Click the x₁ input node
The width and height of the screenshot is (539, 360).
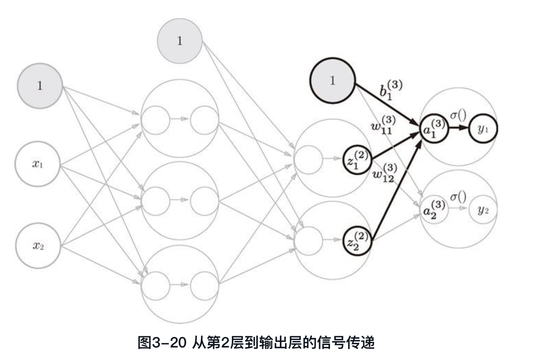pyautogui.click(x=38, y=164)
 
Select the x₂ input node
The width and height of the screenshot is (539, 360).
pyautogui.click(x=38, y=246)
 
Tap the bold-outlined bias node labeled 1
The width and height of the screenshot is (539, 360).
pyautogui.click(x=332, y=81)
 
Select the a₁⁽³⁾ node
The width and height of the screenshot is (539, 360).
pyautogui.click(x=434, y=128)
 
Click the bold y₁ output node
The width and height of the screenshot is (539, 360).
pyautogui.click(x=482, y=129)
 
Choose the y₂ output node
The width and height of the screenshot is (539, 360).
pyautogui.click(x=483, y=209)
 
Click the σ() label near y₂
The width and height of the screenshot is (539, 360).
pyautogui.click(x=458, y=198)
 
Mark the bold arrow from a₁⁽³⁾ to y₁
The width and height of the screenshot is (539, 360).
pyautogui.click(x=459, y=128)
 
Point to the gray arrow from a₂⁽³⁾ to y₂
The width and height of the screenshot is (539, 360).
pyautogui.click(x=459, y=208)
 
